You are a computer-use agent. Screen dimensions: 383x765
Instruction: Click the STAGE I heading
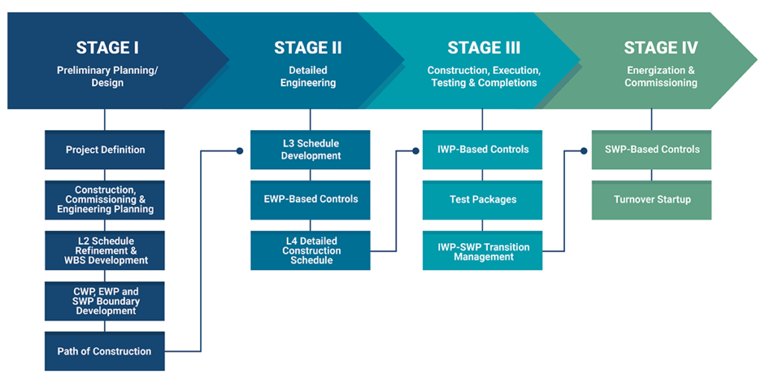coord(108,48)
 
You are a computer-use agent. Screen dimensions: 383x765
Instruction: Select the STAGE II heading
coord(308,48)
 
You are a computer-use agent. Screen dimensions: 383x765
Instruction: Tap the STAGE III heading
coord(483,48)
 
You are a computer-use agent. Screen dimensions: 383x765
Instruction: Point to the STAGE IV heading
coord(660,48)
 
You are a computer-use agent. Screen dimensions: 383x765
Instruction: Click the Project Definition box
coord(105,150)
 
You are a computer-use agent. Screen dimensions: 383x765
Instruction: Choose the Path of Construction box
coord(105,352)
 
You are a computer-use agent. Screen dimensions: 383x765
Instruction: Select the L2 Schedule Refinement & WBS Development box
coord(105,251)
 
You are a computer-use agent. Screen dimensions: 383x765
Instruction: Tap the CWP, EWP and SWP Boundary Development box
coord(105,301)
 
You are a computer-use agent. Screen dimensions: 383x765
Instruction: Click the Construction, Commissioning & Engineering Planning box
coord(105,200)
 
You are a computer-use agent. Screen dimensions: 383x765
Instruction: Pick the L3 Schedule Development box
coord(310,150)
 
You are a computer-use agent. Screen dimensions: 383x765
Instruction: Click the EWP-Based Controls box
coord(310,200)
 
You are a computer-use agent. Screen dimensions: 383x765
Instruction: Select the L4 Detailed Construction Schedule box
coord(310,251)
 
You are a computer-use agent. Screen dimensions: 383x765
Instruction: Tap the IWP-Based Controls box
coord(483,150)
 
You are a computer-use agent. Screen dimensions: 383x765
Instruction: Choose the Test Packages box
coord(483,200)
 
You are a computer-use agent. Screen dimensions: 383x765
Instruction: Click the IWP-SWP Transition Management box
coord(483,251)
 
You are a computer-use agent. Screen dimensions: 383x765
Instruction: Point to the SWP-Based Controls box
coord(651,150)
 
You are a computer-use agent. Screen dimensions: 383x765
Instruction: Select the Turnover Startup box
coord(651,200)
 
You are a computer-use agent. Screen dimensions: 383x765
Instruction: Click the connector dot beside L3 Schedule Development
coord(240,150)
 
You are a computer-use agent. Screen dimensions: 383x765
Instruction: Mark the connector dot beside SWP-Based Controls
coord(583,150)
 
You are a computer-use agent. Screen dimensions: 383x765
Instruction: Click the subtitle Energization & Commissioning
coord(660,76)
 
